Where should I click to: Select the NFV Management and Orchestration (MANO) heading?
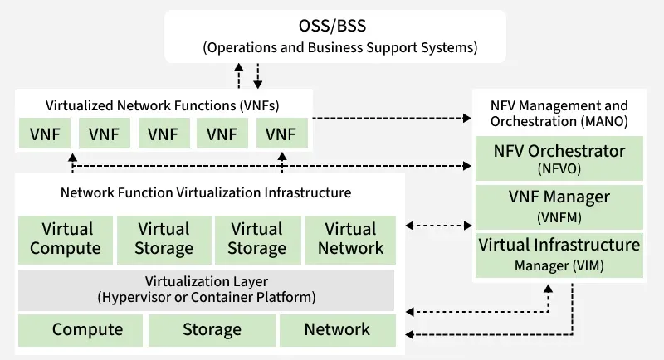tap(559, 113)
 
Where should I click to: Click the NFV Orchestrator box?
tap(559, 159)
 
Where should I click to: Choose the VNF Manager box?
tap(559, 206)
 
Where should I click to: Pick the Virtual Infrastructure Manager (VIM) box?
tap(559, 254)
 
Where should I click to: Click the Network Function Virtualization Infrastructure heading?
tap(206, 192)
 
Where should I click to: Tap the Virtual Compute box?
tap(65, 238)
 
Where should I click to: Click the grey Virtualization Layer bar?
tap(206, 289)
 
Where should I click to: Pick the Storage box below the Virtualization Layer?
tap(212, 329)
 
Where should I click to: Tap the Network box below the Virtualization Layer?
tap(337, 329)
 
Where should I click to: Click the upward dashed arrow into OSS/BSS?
tap(239, 76)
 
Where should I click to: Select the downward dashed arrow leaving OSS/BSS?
tap(258, 76)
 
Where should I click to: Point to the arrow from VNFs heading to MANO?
tap(390, 119)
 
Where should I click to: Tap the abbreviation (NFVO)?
tap(559, 168)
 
